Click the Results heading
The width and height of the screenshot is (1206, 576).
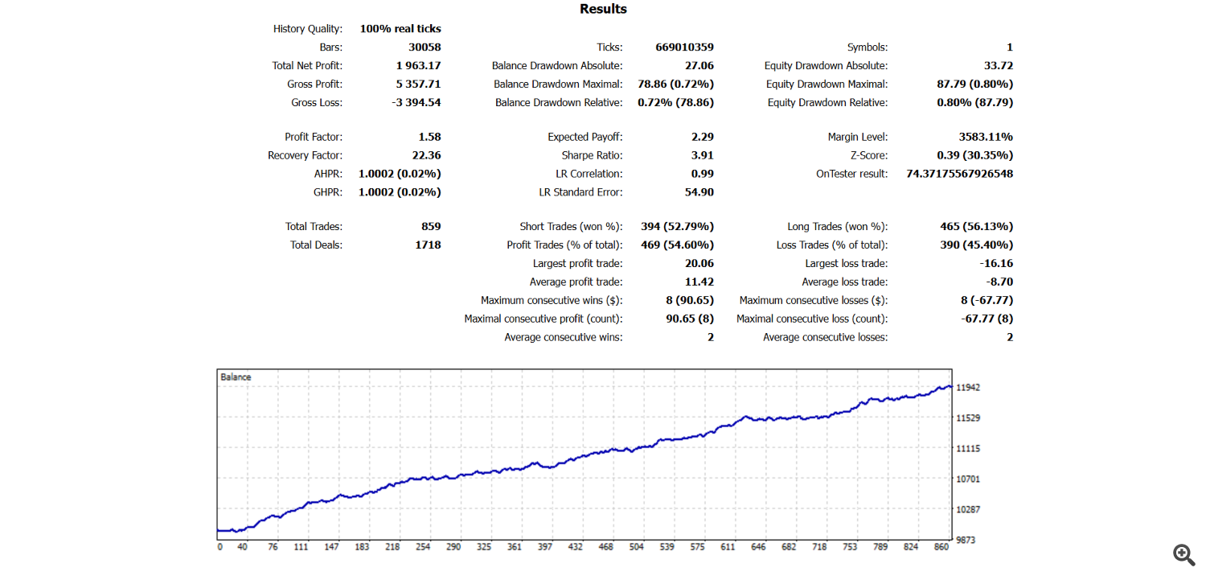point(603,9)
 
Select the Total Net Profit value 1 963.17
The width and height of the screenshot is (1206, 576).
point(418,66)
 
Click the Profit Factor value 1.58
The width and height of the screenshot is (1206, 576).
point(429,137)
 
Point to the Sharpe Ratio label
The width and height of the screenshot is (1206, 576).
point(592,156)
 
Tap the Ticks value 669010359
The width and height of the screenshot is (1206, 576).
point(684,47)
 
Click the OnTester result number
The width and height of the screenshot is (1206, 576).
point(959,174)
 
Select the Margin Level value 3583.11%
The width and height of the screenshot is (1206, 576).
point(986,137)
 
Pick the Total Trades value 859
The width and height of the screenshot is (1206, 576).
point(431,226)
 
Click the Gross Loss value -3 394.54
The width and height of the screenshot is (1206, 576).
point(416,102)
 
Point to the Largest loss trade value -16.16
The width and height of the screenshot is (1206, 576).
point(996,264)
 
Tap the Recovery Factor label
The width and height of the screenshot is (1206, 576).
point(305,156)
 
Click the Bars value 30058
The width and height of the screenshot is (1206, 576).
point(425,47)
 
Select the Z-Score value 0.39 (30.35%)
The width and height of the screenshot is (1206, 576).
point(974,156)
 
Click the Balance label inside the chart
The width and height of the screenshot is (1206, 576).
point(236,377)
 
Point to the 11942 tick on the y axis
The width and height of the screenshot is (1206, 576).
point(968,388)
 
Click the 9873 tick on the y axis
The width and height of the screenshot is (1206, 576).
point(966,540)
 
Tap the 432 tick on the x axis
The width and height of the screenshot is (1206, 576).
point(575,547)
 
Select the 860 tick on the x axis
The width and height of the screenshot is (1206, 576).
point(941,547)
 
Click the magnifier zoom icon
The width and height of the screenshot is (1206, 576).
point(1184,555)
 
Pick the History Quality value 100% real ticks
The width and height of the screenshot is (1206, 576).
point(400,29)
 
